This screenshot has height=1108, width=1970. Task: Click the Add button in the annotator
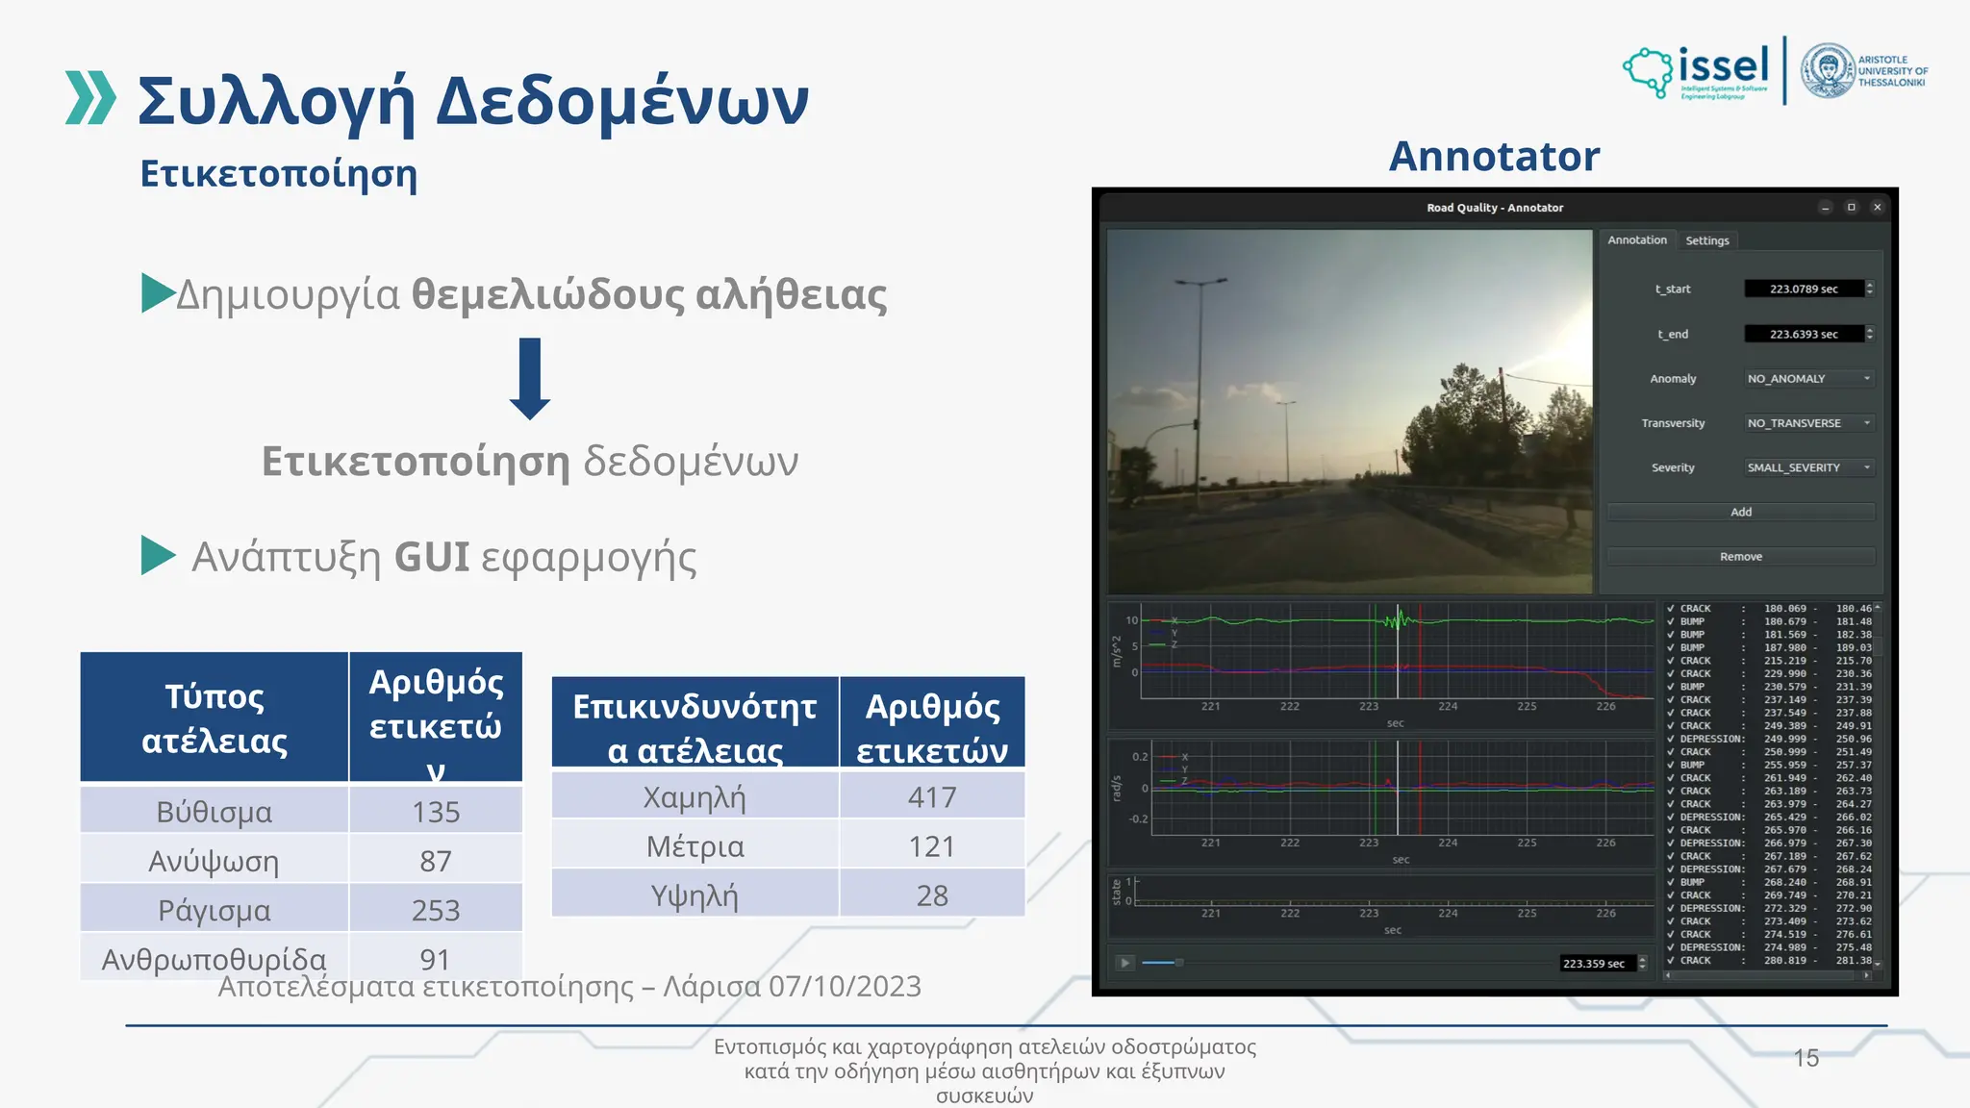click(x=1740, y=512)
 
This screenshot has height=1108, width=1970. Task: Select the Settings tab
click(x=1706, y=240)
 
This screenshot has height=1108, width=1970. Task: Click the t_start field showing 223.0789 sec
click(x=1803, y=289)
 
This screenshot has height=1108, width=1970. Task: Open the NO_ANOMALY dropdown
click(x=1807, y=379)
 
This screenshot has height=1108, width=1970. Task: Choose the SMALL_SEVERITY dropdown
click(x=1807, y=467)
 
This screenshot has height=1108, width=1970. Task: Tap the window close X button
click(x=1877, y=208)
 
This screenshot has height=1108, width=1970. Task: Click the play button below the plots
click(x=1124, y=963)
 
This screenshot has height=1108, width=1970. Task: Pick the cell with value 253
click(x=436, y=910)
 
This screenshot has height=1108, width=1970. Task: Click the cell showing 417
click(x=931, y=797)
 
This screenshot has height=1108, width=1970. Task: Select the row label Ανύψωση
click(x=214, y=861)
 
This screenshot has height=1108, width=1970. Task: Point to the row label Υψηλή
click(x=695, y=895)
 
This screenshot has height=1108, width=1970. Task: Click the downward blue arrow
click(x=529, y=378)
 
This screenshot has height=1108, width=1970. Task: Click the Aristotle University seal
click(x=1827, y=71)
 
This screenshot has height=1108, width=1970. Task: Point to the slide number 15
click(x=1806, y=1058)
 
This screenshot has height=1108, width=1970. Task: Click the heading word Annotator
click(x=1494, y=157)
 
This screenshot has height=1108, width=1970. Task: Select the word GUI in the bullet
click(x=432, y=557)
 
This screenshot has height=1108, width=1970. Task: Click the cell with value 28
click(x=931, y=895)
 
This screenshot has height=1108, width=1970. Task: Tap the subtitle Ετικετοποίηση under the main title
click(x=279, y=174)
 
